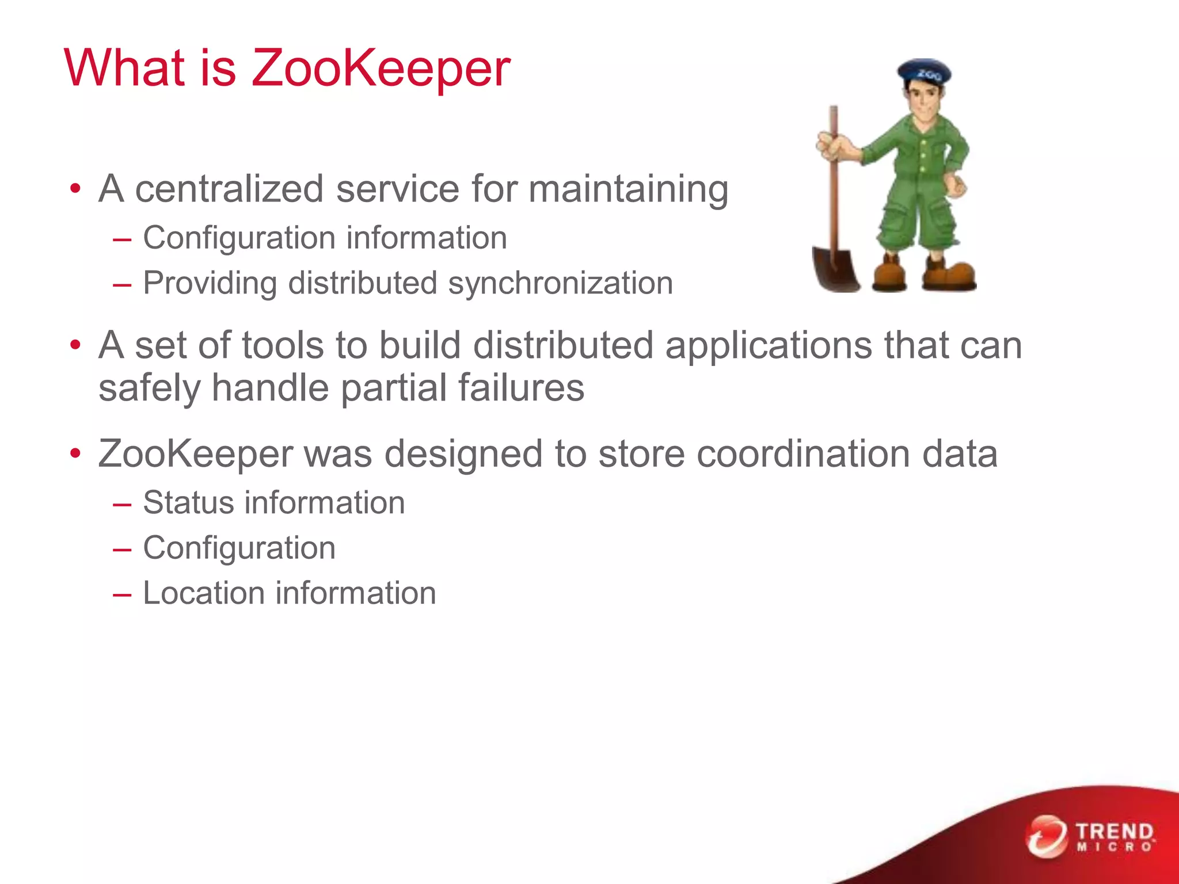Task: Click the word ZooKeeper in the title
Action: pyautogui.click(x=381, y=69)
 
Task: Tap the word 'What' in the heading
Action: pyautogui.click(x=124, y=68)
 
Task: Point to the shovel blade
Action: pyautogui.click(x=835, y=268)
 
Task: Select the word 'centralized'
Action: pyautogui.click(x=229, y=189)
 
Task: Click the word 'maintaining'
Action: pyautogui.click(x=628, y=190)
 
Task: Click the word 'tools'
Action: pyautogui.click(x=283, y=345)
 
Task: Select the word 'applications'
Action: pyautogui.click(x=769, y=346)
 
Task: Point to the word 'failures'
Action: pyautogui.click(x=521, y=387)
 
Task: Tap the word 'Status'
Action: pyautogui.click(x=188, y=502)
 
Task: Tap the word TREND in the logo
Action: pyautogui.click(x=1115, y=831)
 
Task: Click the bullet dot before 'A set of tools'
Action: pyautogui.click(x=75, y=345)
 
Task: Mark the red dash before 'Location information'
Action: pyautogui.click(x=122, y=594)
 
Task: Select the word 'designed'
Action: pyautogui.click(x=463, y=455)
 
